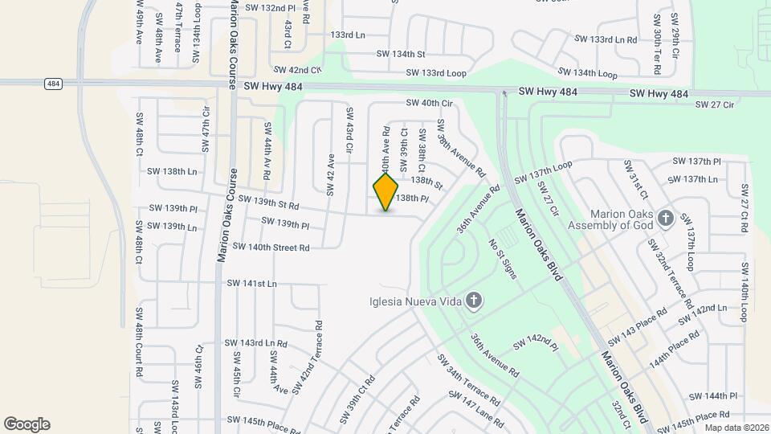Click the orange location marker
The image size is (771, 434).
(x=386, y=191)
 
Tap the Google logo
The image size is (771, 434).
(x=27, y=424)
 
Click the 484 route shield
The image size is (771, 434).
(x=54, y=83)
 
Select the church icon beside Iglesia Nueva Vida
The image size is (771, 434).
(x=474, y=301)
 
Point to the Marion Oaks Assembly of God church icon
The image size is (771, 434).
(x=665, y=218)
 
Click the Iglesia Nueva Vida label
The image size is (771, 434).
(x=414, y=302)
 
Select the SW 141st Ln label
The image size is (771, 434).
(x=251, y=283)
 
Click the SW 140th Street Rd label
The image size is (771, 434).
(x=271, y=248)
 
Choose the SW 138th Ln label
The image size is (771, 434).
(x=172, y=171)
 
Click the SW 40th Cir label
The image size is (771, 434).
(x=430, y=103)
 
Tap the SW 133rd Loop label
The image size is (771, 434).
(x=436, y=72)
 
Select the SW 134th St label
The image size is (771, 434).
(x=401, y=54)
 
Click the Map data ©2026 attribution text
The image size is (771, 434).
(x=736, y=428)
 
